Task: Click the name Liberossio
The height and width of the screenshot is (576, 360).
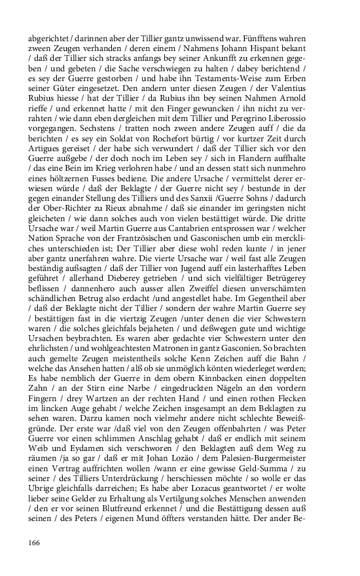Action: [x=301, y=121]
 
